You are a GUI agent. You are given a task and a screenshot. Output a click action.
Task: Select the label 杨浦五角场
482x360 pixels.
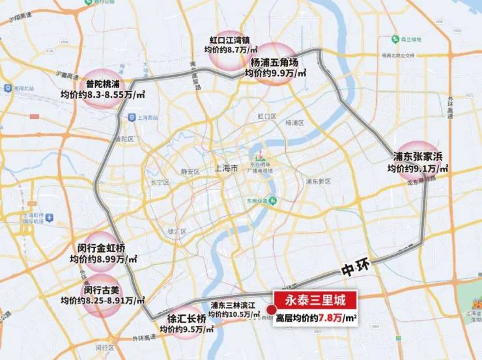[274, 63]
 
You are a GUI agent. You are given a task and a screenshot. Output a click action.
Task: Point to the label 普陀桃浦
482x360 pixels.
[103, 84]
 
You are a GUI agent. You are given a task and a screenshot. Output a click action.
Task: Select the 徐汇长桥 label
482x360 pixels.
[186, 319]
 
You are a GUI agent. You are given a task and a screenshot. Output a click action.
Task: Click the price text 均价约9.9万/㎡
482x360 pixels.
[276, 74]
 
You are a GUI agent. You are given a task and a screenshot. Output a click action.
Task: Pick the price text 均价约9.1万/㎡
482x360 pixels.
[418, 169]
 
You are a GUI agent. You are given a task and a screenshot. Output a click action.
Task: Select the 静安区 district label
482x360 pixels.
[189, 172]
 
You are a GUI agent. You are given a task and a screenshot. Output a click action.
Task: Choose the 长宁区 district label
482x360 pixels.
[160, 183]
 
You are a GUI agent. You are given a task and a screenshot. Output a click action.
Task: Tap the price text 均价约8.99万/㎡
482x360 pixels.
[104, 259]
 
